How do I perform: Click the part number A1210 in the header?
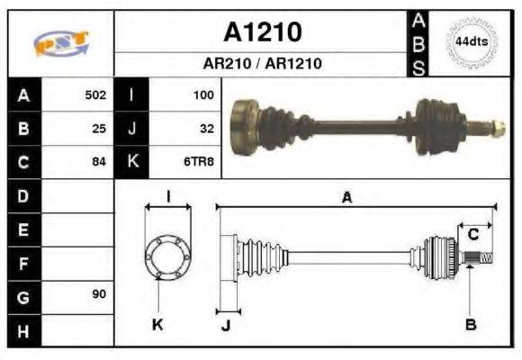(x=262, y=32)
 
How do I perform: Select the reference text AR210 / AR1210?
(x=262, y=65)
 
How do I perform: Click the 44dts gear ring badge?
(x=471, y=41)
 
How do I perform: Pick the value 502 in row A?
(x=95, y=94)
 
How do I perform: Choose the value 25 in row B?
(x=99, y=129)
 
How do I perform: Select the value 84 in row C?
(x=99, y=162)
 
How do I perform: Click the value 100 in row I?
(x=202, y=94)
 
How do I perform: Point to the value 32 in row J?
(x=206, y=129)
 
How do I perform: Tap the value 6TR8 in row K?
(x=200, y=162)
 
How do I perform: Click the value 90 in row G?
(x=99, y=295)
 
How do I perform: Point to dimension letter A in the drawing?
(x=346, y=197)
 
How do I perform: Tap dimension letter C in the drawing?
(x=472, y=235)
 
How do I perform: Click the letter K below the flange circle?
(x=157, y=325)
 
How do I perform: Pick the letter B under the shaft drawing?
(x=469, y=325)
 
